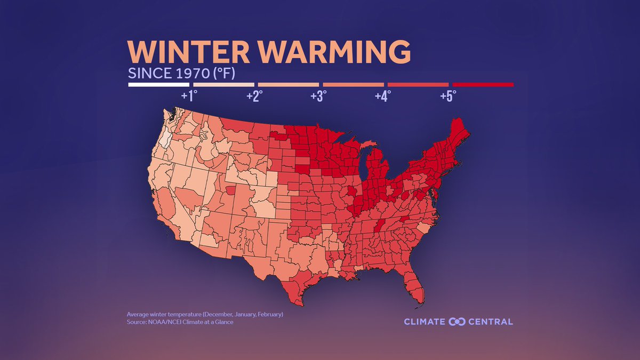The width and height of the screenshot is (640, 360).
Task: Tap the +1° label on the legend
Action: [x=189, y=96]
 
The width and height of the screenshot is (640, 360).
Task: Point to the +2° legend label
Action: [x=254, y=96]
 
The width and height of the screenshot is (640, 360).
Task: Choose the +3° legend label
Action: [x=319, y=96]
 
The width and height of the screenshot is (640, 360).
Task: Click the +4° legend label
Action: [x=383, y=96]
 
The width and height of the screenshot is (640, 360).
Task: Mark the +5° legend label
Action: [x=448, y=96]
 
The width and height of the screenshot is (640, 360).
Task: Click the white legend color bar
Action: [x=159, y=84]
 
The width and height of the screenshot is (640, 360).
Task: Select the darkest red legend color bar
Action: [x=483, y=84]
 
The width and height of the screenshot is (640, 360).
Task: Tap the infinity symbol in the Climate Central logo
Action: [x=458, y=321]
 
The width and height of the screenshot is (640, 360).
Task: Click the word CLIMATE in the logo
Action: [x=425, y=322]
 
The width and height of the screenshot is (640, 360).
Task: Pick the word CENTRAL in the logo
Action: [x=491, y=322]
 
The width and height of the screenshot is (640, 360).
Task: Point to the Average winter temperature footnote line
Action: [x=205, y=314]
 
